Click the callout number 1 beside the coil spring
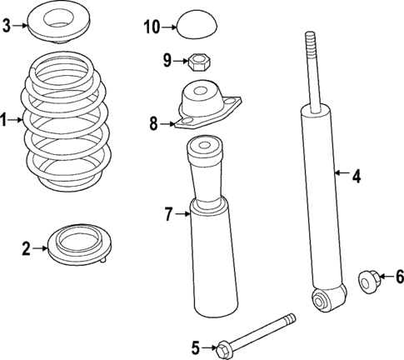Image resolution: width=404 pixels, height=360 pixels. click(5, 121)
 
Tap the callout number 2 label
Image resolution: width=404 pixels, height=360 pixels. click(27, 247)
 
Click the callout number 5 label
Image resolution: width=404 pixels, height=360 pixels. click(197, 346)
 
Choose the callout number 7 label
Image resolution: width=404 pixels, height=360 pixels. click(168, 215)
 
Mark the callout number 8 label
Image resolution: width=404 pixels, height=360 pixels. click(153, 124)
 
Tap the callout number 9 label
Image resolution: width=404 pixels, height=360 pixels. click(167, 60)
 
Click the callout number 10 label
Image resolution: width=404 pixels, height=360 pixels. click(151, 27)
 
